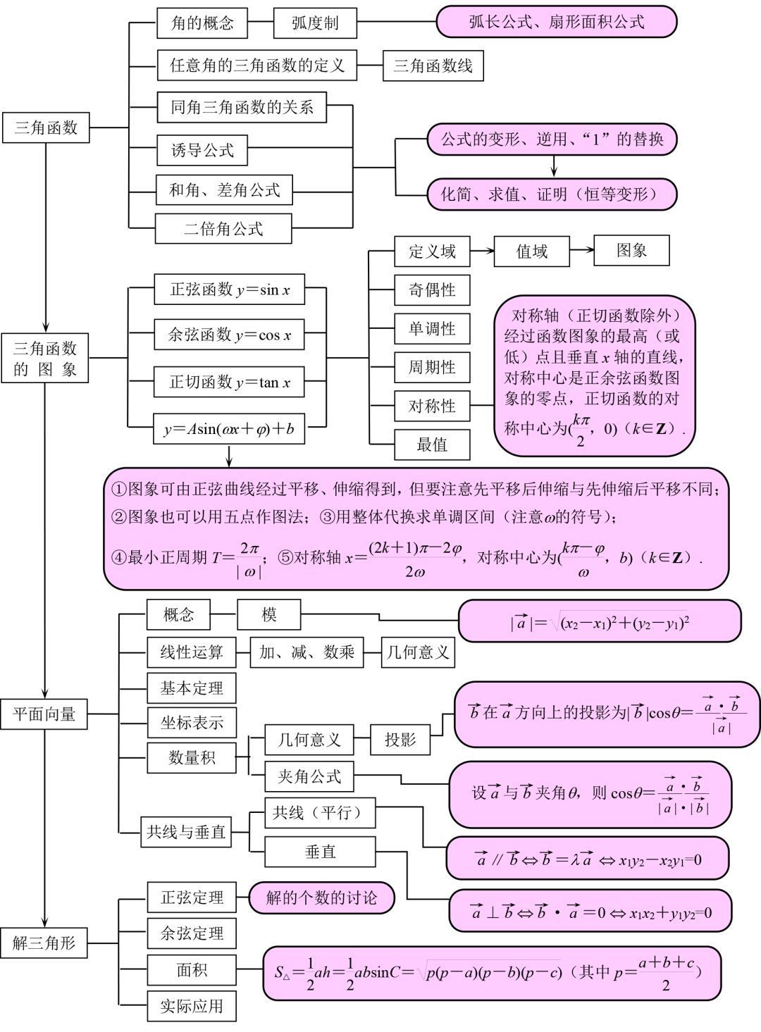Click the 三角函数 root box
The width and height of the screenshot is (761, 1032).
tap(46, 128)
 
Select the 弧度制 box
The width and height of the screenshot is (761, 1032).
tap(314, 23)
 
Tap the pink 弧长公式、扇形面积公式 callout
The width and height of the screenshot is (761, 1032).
tap(556, 23)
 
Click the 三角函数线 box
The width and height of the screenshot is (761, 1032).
tap(433, 67)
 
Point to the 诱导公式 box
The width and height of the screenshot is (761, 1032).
tap(202, 150)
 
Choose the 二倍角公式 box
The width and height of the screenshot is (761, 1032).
tap(223, 229)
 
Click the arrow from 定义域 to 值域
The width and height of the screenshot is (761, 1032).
tap(482, 251)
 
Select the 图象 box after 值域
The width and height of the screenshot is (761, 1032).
tap(631, 251)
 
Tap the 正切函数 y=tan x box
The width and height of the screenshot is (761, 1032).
tap(229, 383)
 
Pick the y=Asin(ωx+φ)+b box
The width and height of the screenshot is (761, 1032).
tap(229, 429)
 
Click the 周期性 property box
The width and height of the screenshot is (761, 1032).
tap(432, 367)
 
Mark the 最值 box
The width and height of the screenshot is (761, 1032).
tap(432, 444)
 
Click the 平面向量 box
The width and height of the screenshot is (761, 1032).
tap(44, 714)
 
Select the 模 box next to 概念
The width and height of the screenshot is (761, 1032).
tap(268, 615)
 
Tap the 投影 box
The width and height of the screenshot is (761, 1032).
tap(400, 740)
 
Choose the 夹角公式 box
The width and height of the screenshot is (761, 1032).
tap(309, 776)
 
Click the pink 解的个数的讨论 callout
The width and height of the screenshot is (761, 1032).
tap(321, 897)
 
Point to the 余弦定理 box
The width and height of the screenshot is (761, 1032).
tap(192, 934)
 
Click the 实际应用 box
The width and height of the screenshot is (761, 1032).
tap(192, 1006)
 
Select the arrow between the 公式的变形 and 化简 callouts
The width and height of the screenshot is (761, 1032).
tap(554, 166)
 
